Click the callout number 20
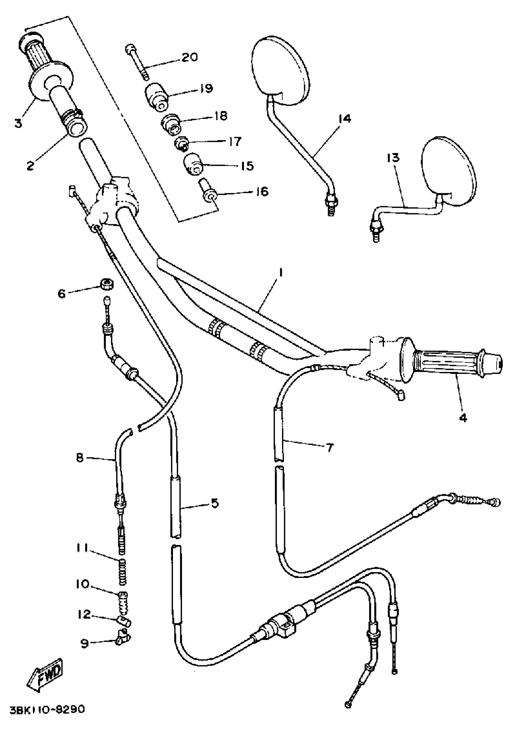click(x=190, y=57)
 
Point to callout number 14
click(x=344, y=119)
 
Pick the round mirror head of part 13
click(x=449, y=169)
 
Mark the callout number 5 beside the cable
click(x=215, y=503)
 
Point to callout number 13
click(x=393, y=158)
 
